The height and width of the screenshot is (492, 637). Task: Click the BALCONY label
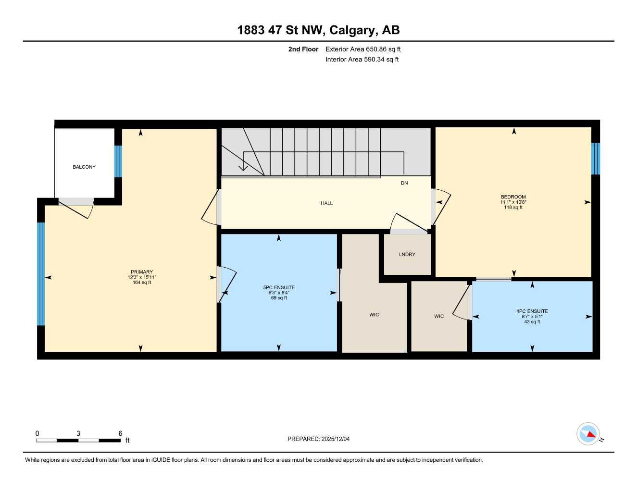click(x=84, y=167)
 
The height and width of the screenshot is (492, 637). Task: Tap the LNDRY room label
click(x=407, y=254)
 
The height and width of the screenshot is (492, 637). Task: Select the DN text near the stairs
click(x=404, y=183)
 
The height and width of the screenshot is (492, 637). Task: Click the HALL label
click(x=327, y=203)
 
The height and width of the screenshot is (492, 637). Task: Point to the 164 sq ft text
click(x=142, y=283)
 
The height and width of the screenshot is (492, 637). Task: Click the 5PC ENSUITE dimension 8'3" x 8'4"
click(x=279, y=293)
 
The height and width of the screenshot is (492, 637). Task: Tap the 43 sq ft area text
click(x=532, y=322)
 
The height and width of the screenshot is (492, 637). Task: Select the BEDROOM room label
click(x=513, y=197)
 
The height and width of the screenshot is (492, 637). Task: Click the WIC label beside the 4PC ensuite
click(x=439, y=316)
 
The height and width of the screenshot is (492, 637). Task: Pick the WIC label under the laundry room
click(x=374, y=315)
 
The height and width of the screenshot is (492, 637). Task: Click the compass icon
click(x=588, y=434)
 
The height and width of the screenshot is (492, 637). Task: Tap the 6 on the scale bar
click(x=120, y=433)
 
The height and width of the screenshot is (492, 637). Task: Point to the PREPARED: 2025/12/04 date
click(x=318, y=439)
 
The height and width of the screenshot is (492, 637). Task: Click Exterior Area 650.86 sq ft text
click(x=363, y=49)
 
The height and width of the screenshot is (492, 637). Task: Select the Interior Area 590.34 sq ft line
click(x=362, y=60)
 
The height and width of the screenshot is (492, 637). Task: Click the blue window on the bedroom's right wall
click(x=596, y=159)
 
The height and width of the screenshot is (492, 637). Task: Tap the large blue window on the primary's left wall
click(x=41, y=274)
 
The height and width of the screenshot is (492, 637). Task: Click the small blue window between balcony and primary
click(x=118, y=161)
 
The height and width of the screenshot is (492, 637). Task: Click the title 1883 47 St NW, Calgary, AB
click(x=318, y=30)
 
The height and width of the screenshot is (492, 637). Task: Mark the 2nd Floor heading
click(x=303, y=49)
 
